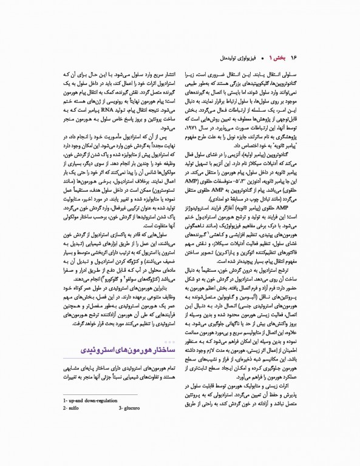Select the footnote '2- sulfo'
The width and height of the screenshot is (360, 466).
click(x=72, y=426)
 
